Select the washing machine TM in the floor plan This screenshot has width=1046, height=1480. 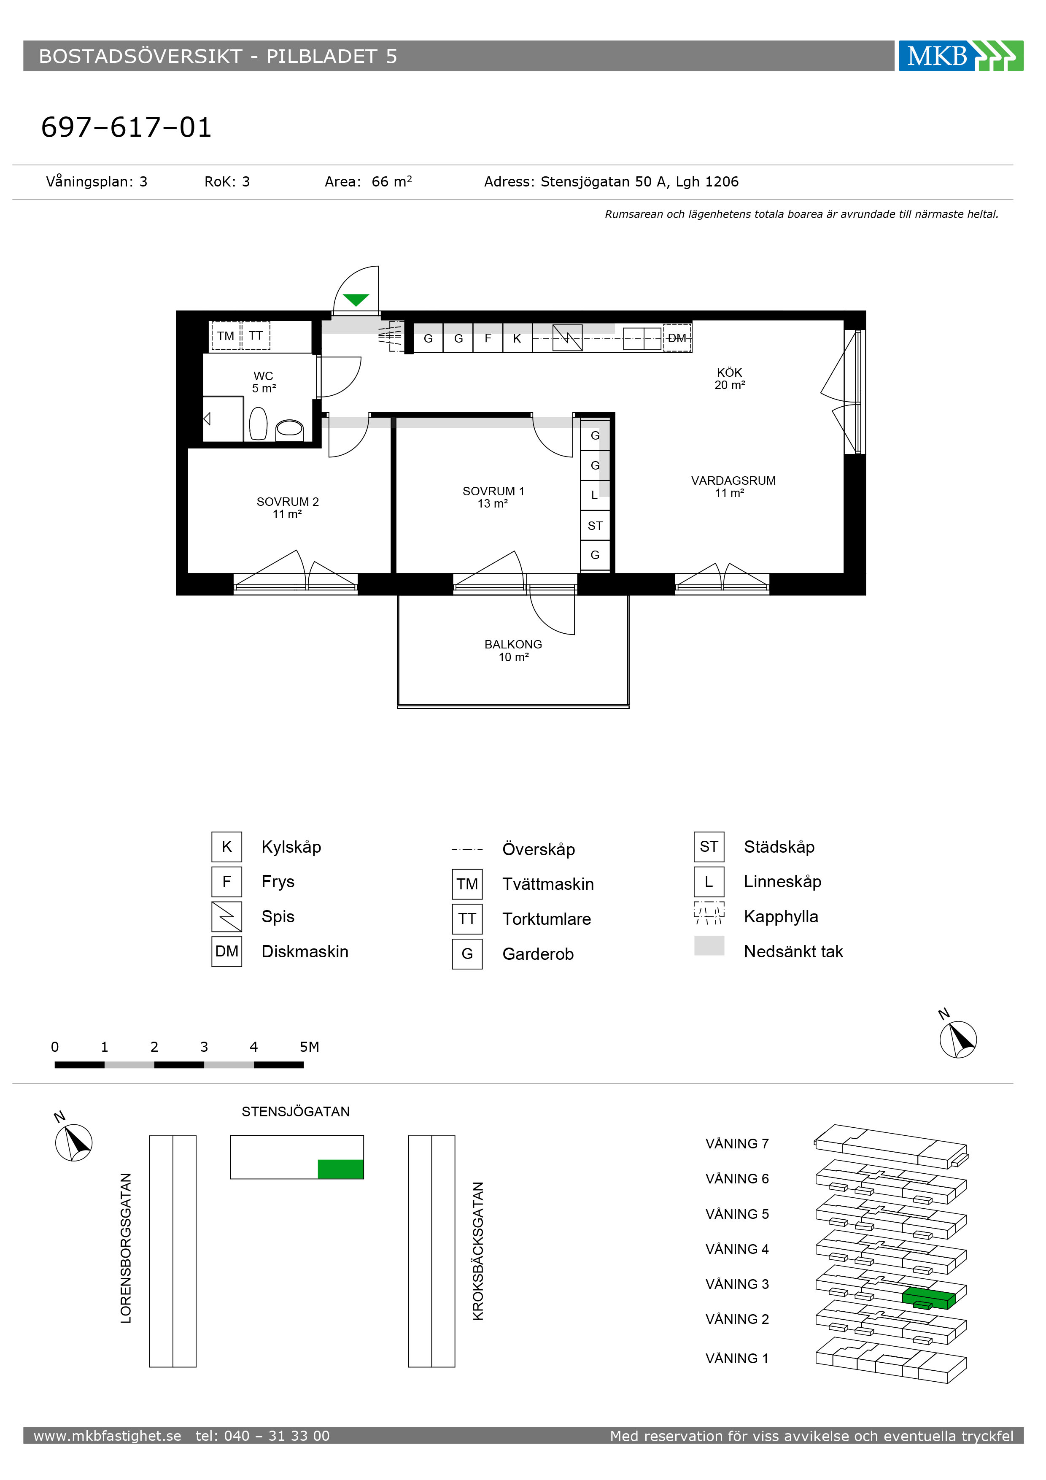[x=226, y=336]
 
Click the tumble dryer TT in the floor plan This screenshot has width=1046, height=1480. [x=256, y=336]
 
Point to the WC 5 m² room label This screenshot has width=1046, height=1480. [x=264, y=382]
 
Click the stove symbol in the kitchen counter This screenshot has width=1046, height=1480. [x=567, y=338]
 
